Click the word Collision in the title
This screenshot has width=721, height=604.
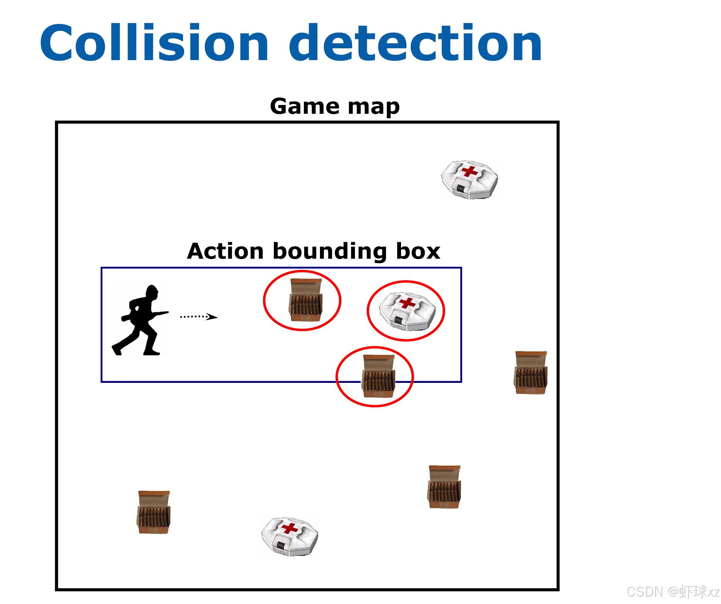coord(154,43)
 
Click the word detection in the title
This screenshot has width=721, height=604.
coord(415,43)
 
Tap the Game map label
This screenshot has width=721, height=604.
coord(335,106)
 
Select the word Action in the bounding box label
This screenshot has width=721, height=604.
coord(225,251)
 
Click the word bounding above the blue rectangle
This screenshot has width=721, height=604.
coord(330,252)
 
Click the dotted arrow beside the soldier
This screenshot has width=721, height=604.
coord(199,317)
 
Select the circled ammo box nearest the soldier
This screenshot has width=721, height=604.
coord(306,300)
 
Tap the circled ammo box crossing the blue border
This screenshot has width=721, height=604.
coord(378,376)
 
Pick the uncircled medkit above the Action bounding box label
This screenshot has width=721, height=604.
coord(469,180)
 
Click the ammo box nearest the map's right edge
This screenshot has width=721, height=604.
coord(530,372)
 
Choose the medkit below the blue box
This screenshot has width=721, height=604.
coord(290,536)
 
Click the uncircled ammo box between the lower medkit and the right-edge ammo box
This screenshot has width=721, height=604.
coord(444,487)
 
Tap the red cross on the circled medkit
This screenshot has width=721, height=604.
coord(408,303)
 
